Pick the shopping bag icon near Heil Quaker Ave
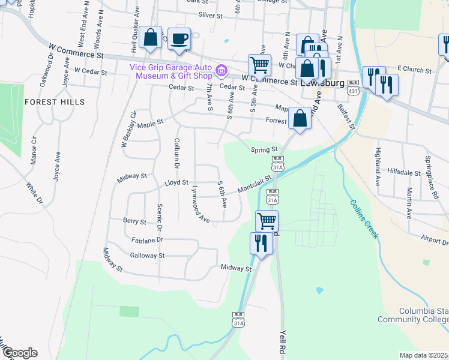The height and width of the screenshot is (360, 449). click(x=151, y=37)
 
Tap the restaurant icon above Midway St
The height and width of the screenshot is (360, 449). click(x=261, y=243)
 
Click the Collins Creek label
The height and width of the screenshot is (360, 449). click(x=364, y=219)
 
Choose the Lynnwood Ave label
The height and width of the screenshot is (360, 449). click(x=199, y=205)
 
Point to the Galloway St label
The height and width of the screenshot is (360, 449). click(x=147, y=256)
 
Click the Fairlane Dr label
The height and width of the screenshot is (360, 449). click(x=146, y=239)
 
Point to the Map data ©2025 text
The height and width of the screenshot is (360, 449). click(x=424, y=355)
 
